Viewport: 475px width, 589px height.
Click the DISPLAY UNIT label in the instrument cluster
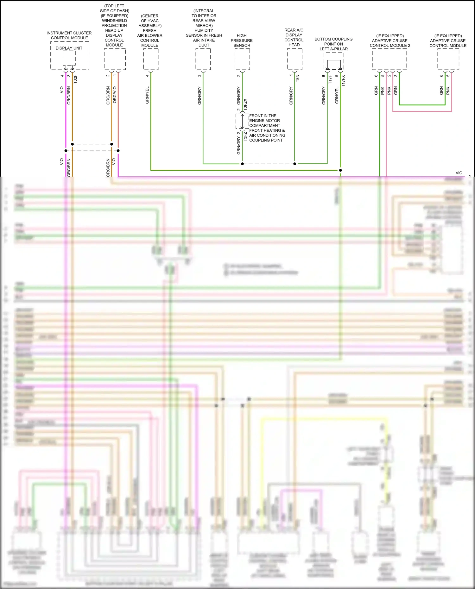(69, 48)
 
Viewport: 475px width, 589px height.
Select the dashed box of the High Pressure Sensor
(242, 59)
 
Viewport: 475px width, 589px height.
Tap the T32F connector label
(75, 79)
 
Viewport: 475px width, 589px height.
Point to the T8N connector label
(297, 78)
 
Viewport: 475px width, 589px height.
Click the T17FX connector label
(344, 81)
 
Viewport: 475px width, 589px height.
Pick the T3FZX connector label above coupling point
(245, 104)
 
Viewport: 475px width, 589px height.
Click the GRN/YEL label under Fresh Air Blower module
(147, 95)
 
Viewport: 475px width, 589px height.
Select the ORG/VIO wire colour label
(115, 95)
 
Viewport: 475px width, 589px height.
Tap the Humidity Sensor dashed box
(203, 59)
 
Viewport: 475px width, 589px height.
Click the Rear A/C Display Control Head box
(294, 59)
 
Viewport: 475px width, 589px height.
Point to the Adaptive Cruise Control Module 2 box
(389, 59)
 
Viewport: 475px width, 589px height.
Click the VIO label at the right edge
(459, 173)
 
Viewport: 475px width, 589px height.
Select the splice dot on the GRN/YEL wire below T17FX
(340, 170)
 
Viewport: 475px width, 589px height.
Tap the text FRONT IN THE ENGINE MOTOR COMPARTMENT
(264, 121)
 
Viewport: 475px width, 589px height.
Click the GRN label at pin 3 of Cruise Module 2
(396, 91)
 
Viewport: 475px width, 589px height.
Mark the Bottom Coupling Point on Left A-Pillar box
(334, 61)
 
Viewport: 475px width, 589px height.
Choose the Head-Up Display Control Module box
(115, 59)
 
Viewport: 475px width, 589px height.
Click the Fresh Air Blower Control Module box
(151, 59)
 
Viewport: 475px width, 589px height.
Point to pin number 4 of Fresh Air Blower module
(147, 75)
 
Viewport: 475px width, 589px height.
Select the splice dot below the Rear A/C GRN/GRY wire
(294, 164)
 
